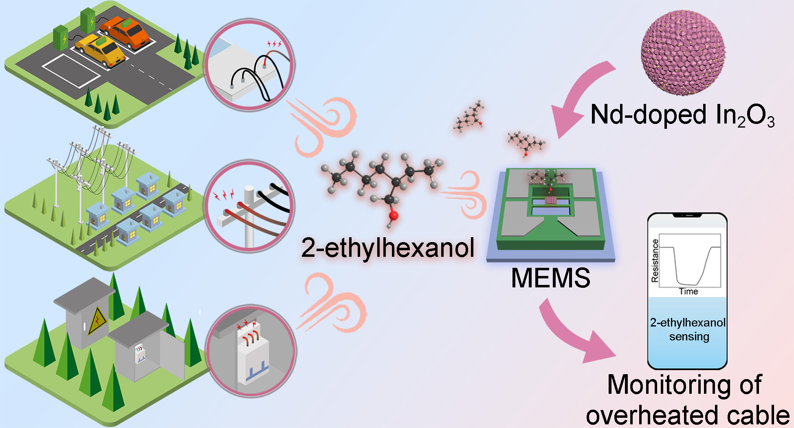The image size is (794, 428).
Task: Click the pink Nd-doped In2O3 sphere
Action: pyautogui.click(x=683, y=53)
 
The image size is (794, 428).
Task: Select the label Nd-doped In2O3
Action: pyautogui.click(x=682, y=115)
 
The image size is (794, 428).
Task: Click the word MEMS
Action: pyautogui.click(x=550, y=278)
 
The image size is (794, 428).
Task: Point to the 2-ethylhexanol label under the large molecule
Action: pyautogui.click(x=388, y=247)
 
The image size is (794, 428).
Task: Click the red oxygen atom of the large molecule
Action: pyautogui.click(x=394, y=215)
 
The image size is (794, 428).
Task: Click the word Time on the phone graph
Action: pyautogui.click(x=688, y=291)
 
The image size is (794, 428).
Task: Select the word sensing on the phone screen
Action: pyautogui.click(x=689, y=337)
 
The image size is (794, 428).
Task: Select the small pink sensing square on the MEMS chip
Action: pyautogui.click(x=551, y=200)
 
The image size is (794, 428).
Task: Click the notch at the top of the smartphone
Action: pyautogui.click(x=688, y=215)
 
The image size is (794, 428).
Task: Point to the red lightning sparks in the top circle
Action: pyautogui.click(x=274, y=44)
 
